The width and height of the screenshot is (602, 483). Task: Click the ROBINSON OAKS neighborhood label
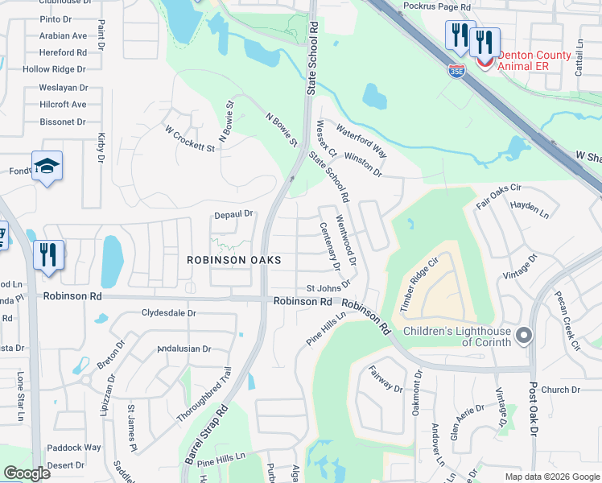click(x=234, y=260)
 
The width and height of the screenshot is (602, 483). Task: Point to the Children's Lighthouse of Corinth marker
click(x=525, y=334)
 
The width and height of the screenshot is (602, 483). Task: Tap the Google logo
click(x=27, y=473)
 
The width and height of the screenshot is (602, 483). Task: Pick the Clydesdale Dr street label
click(x=169, y=312)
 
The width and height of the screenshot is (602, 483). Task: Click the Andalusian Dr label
click(x=183, y=349)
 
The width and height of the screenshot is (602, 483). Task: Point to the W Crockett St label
click(x=190, y=138)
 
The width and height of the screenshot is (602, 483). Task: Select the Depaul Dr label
click(x=233, y=214)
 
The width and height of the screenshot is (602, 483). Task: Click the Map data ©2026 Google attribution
click(x=551, y=477)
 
